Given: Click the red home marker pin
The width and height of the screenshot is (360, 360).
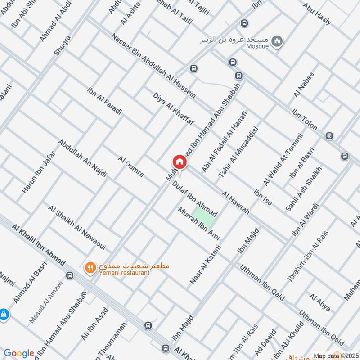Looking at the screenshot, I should [179, 162].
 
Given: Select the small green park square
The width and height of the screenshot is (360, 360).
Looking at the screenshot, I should [204, 217].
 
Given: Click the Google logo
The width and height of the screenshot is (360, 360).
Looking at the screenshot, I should [19, 353].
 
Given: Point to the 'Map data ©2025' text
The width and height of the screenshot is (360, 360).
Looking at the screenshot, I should [336, 355].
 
